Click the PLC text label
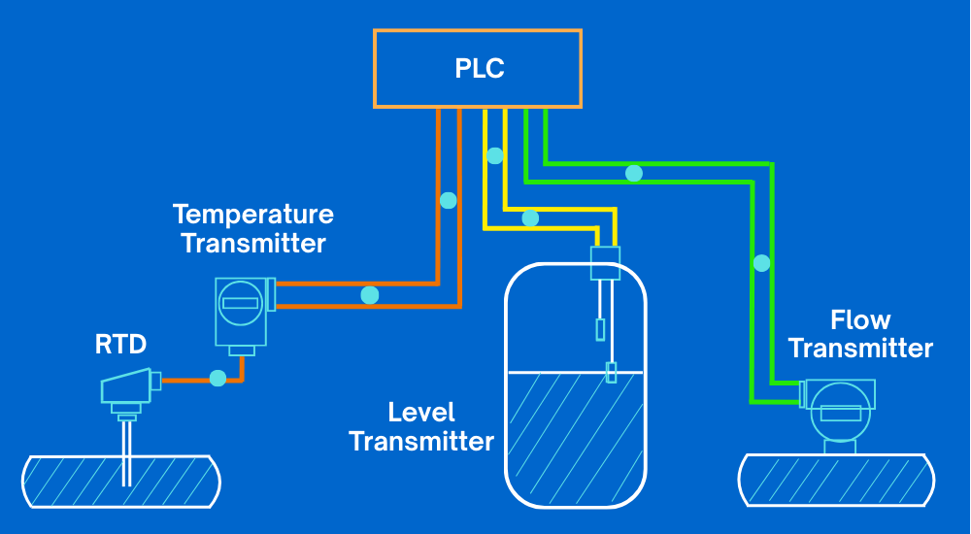[x=480, y=69]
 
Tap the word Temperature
[x=252, y=214]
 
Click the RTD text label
[x=119, y=344]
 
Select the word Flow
[x=860, y=319]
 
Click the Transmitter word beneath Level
[x=421, y=442]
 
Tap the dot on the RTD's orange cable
[x=218, y=378]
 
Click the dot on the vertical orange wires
[x=448, y=201]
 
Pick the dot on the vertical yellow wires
[x=495, y=155]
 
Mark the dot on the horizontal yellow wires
[x=530, y=218]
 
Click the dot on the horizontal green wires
[x=634, y=174]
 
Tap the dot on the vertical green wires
[x=762, y=263]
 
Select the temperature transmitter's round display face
[x=239, y=303]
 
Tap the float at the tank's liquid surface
[x=611, y=372]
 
